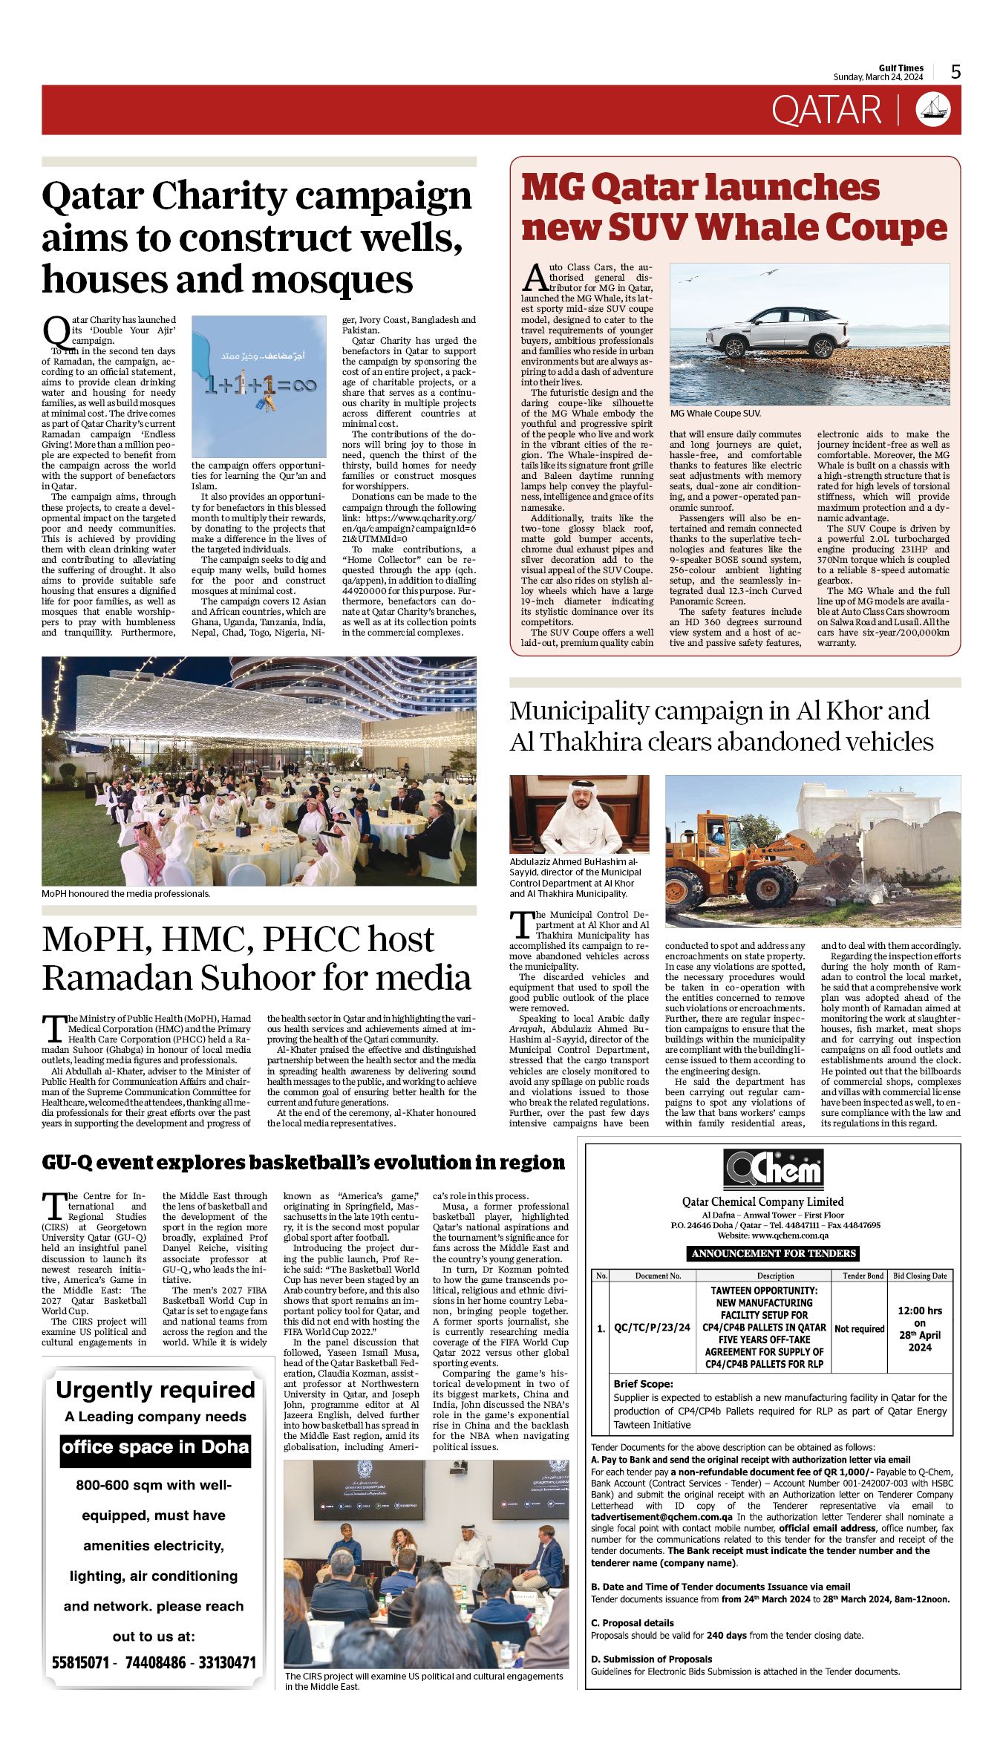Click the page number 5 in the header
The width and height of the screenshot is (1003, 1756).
tap(955, 71)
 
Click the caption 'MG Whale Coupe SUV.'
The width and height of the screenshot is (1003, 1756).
tap(715, 413)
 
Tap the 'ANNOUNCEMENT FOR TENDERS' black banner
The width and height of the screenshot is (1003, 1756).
tap(774, 1253)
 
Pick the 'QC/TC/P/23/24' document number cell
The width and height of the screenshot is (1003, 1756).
tap(652, 1327)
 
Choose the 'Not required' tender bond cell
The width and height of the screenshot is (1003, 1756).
tap(859, 1328)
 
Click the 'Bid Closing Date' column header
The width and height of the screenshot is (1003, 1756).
tap(919, 1276)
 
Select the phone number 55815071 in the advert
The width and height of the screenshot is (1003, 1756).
tap(80, 1662)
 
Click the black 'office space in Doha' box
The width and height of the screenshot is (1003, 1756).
tap(155, 1446)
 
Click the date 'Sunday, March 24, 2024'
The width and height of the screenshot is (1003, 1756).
tap(878, 77)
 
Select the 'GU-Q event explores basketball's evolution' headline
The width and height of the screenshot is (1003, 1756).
tap(303, 1163)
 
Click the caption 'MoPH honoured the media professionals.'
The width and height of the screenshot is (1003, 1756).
tap(126, 894)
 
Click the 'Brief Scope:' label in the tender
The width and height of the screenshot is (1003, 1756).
tap(643, 1384)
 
